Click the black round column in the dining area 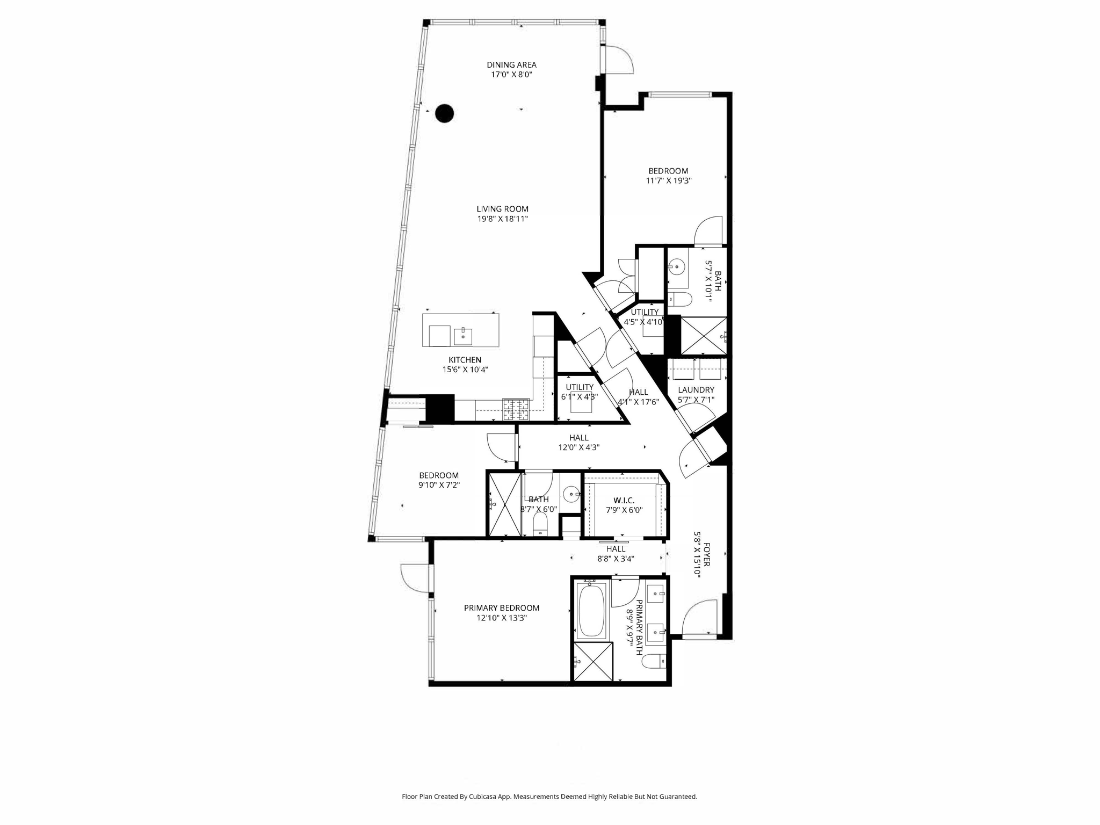point(444,113)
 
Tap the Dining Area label point(511,65)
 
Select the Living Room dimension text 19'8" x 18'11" point(503,219)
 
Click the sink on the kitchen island point(462,336)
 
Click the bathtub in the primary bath point(591,611)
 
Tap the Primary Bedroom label point(502,608)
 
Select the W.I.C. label point(624,501)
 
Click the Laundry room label point(696,390)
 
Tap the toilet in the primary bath point(654,661)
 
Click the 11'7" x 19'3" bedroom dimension point(668,181)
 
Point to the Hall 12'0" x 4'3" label point(578,438)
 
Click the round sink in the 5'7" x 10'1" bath point(678,266)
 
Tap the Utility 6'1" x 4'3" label point(580,387)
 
